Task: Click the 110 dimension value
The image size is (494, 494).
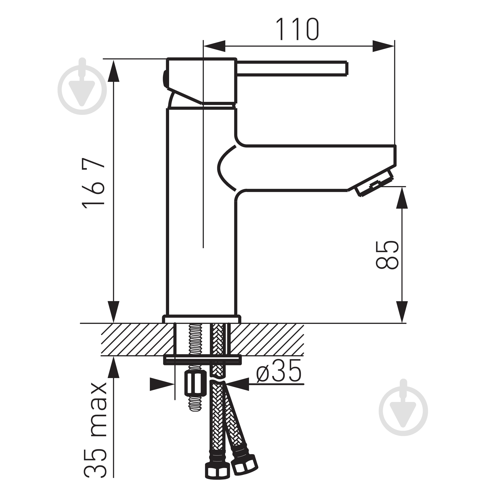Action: coord(297,29)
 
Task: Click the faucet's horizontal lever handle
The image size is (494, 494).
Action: coord(292,68)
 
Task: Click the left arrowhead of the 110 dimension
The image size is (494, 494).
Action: coord(214,46)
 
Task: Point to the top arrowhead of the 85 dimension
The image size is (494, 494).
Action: coord(402,198)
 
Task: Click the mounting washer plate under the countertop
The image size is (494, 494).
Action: coord(202,360)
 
